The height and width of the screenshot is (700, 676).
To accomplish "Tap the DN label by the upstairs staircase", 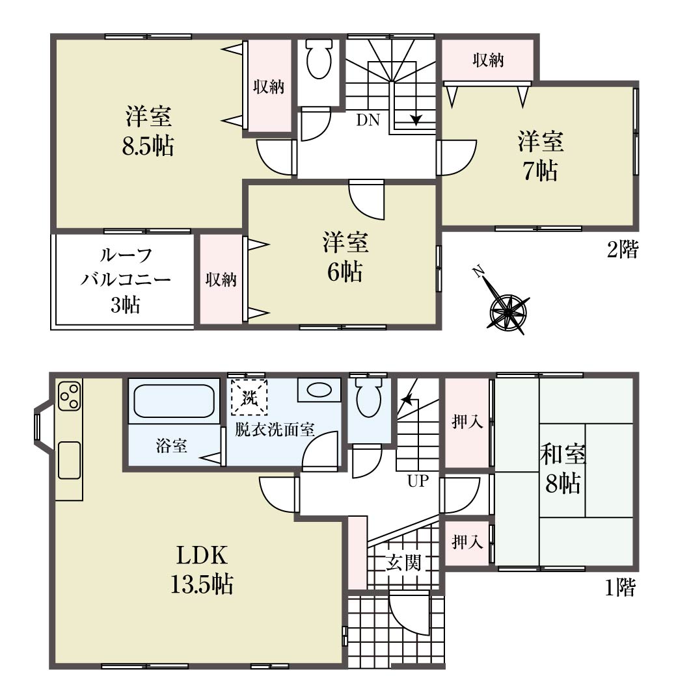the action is pos(368,120).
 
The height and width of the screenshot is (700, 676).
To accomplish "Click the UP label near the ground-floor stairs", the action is pos(418,481).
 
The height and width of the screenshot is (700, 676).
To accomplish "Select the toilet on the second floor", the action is pos(319,58).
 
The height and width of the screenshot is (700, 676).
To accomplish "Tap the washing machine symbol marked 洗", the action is pos(249,397).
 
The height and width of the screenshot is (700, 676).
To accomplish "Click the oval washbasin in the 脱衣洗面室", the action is pos(319,390).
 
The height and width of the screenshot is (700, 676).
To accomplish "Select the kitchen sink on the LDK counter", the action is pos(69,460).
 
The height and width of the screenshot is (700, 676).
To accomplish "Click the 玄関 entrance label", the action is pos(403,563).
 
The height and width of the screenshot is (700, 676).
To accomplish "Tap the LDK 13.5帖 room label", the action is pos(202,569).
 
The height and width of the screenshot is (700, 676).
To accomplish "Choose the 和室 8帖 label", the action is pos(563,469).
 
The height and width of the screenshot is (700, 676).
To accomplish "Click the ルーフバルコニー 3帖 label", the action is pos(126,280).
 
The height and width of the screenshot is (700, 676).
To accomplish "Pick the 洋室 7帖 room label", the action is pos(541,156).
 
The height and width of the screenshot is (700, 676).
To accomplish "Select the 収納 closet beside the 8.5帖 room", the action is pos(269,86).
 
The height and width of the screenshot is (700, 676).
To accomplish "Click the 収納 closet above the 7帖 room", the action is pos(488,60).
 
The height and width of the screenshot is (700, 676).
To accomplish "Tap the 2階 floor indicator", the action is pos(623,249).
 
